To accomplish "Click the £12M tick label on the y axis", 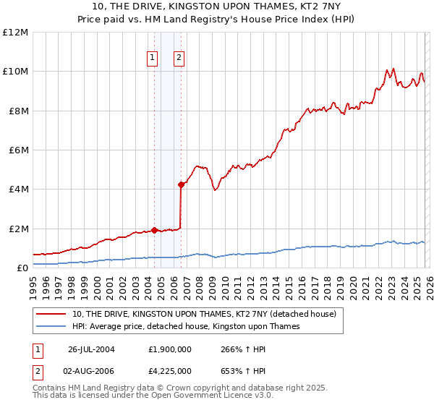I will [x=17, y=33].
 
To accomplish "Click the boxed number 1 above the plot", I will [x=153, y=59].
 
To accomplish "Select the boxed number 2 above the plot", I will [x=179, y=59].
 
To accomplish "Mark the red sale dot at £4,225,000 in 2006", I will [x=181, y=184].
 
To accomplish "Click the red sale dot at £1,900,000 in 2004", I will [x=154, y=230].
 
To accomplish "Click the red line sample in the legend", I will [x=52, y=315].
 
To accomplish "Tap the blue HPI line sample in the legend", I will [x=52, y=327].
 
